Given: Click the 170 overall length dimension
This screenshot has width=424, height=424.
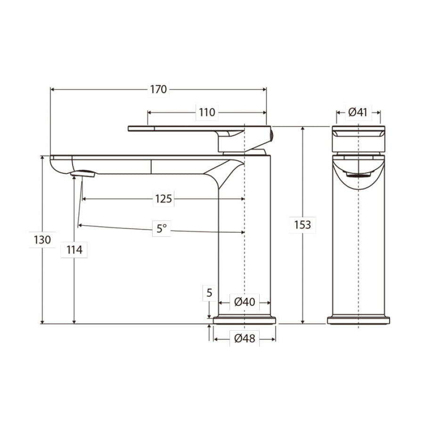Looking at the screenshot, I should coord(159,89).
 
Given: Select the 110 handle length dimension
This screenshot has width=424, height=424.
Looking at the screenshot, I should coord(206,112).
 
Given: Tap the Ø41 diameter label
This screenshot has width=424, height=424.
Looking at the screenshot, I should coord(358,112).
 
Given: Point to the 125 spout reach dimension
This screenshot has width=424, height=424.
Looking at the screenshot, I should coord(163,199).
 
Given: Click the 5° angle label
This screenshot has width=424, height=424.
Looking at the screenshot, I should coord(162,229).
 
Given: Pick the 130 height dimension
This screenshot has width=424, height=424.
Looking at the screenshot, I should coord(42,239).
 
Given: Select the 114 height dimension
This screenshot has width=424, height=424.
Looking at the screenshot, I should coord(74,250).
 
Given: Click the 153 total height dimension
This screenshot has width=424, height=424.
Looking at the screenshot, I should coord(302,225).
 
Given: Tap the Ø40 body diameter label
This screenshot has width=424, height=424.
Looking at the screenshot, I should coord(245,302).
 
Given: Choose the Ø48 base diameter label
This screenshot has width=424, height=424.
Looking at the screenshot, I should coord(245,338).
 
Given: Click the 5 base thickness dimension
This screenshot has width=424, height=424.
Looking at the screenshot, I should coord(210,293).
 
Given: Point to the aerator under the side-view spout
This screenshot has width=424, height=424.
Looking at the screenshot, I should coord(83,174).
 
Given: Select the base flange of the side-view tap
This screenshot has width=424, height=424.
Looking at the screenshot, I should coord(245,320).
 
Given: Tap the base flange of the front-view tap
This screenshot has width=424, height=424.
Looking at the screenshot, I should coord(359,320).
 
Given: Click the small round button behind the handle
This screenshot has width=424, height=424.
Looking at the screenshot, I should coord(271,136).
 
